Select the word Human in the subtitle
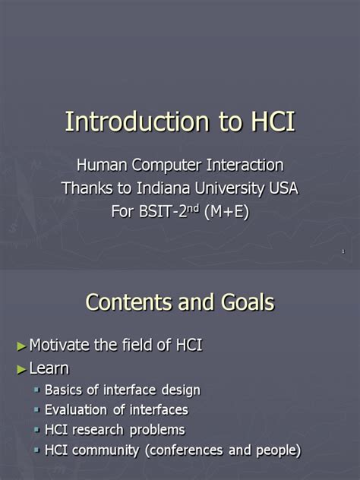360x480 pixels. coord(102,165)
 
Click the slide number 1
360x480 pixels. coord(343,251)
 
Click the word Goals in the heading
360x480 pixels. coord(245,303)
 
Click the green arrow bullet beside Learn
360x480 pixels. coord(21,369)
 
